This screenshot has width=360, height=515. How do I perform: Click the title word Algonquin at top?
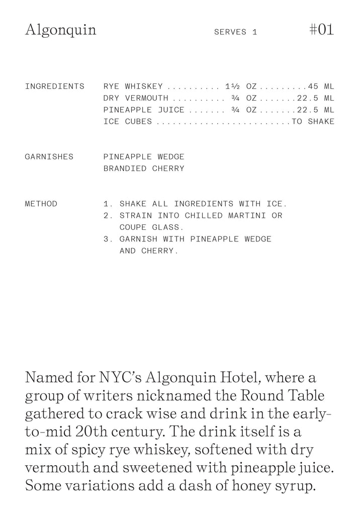[60, 30]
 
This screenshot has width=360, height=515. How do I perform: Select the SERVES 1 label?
[235, 32]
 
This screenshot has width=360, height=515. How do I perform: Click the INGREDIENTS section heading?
[55, 87]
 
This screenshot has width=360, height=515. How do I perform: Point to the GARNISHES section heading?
[49, 157]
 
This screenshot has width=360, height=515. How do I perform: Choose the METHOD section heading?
[41, 204]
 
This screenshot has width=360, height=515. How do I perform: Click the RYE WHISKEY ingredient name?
[133, 87]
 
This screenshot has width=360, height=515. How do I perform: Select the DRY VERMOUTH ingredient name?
[136, 98]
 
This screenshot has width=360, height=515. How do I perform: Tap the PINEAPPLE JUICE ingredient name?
[144, 110]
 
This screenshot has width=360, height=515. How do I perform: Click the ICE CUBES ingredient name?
[128, 122]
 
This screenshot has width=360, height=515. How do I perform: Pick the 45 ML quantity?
[321, 87]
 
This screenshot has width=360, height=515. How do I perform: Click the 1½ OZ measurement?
[241, 87]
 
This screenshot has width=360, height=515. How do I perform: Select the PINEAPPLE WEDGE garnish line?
[144, 157]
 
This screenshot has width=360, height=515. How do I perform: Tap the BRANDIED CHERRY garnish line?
[144, 168]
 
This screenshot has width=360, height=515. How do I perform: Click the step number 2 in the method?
[106, 216]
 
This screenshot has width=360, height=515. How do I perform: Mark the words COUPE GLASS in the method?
[148, 227]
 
